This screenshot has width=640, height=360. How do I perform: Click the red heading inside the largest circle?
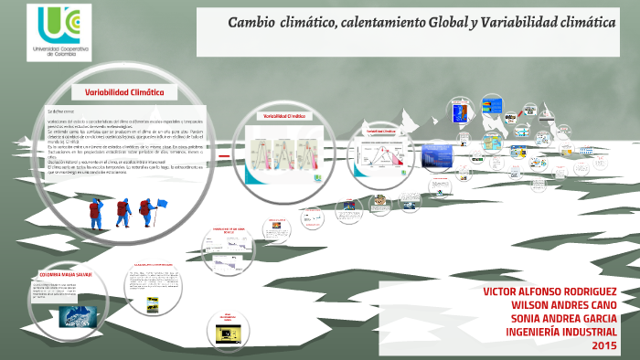(123, 92)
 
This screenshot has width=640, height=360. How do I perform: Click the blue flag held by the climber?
(162, 203)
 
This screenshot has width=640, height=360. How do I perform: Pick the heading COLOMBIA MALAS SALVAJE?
(66, 274)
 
